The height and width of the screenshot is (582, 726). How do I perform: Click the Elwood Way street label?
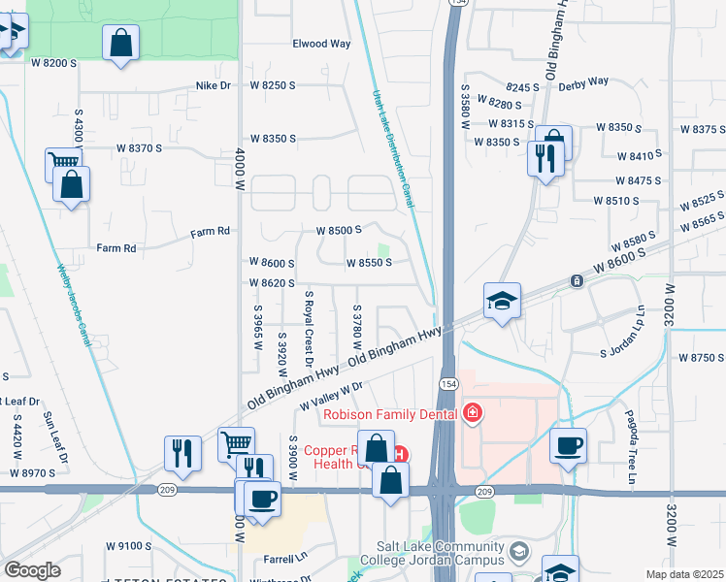321,44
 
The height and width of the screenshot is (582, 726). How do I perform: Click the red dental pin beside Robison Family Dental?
474,413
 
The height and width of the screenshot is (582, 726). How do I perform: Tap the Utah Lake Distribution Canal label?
394,149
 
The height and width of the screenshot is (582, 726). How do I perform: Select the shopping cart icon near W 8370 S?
63,164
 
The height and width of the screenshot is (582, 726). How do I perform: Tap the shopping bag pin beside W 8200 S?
120,43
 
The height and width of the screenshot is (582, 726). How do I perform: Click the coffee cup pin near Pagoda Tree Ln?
568,445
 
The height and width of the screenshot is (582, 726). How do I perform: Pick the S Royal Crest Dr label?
310,328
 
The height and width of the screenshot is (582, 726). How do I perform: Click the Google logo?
32,570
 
